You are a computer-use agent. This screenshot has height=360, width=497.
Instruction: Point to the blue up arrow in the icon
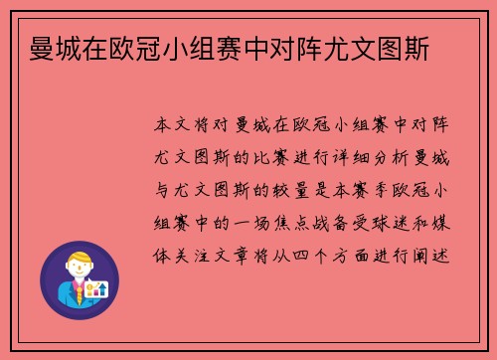[x=101, y=287]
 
